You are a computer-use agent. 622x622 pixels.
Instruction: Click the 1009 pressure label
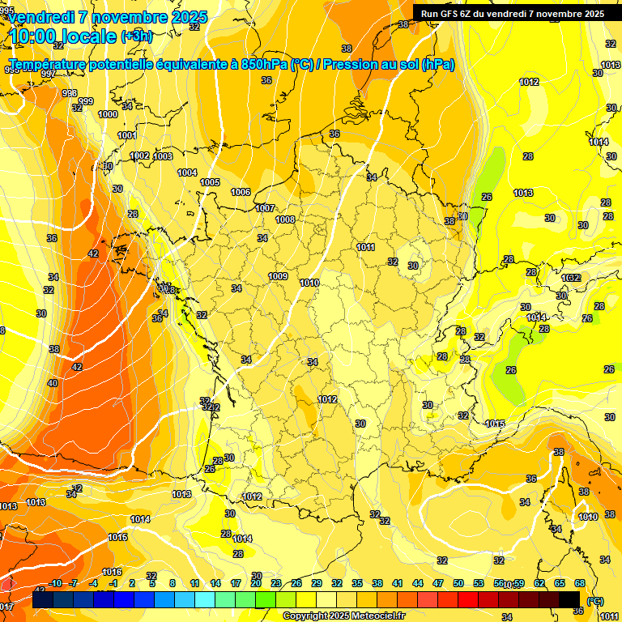point(278,276)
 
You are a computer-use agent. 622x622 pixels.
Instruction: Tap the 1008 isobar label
point(285,219)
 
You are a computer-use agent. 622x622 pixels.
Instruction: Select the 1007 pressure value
point(265,208)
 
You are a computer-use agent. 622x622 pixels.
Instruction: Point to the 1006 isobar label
point(241,192)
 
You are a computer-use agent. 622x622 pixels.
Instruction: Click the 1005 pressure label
point(210,182)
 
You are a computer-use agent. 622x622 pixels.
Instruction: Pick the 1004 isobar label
point(187,173)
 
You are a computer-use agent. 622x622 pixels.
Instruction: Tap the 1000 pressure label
point(108,114)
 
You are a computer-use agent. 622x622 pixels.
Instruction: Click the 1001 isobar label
point(127,135)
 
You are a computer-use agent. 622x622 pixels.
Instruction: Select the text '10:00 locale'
point(62,36)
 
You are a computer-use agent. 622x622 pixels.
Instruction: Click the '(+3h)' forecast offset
point(135,36)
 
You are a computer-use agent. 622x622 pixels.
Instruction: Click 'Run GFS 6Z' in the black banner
point(450,13)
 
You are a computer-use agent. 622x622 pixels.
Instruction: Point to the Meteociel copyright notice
point(343,616)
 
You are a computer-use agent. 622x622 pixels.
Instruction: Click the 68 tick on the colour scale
point(580,583)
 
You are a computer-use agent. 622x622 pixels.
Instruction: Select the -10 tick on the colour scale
point(56,583)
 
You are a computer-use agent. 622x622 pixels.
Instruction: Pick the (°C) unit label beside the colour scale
point(595,600)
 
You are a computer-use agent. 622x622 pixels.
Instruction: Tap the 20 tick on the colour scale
point(256,583)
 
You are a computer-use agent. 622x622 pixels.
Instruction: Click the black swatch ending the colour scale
point(569,599)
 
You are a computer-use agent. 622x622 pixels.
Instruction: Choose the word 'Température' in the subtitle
point(50,65)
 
